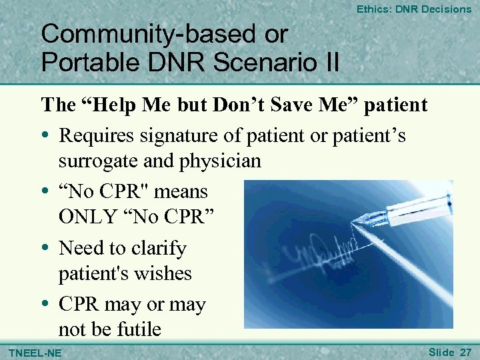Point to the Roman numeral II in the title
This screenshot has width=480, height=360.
(329, 62)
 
